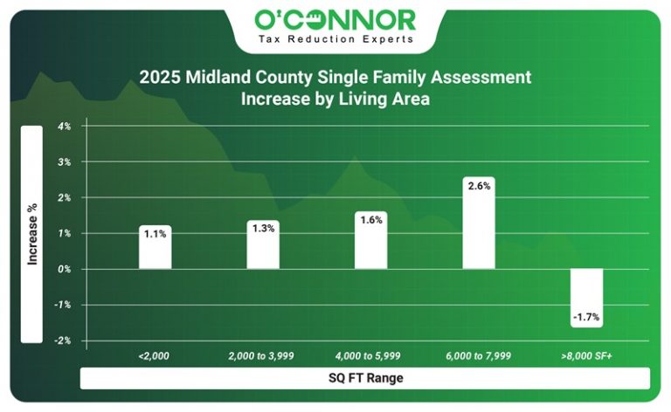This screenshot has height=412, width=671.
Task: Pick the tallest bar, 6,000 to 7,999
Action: pos(479,229)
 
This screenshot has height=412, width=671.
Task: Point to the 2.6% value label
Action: pos(479,186)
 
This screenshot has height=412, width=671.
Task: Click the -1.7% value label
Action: pos(586,317)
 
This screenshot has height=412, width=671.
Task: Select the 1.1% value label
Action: pos(156,233)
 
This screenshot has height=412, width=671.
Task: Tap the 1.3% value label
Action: pos(263,228)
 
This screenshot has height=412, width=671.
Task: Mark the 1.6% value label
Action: pos(370,219)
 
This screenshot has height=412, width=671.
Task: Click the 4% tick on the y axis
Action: pos(65,126)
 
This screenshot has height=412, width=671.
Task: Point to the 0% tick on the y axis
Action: pos(65,269)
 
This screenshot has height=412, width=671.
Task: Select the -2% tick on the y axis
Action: pos(64,340)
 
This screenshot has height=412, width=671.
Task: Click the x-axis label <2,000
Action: pos(154,356)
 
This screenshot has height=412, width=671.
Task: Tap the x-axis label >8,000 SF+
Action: pos(587,356)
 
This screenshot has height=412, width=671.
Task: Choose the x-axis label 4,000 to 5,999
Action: pos(370,356)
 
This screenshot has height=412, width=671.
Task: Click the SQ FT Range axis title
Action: pos(365,378)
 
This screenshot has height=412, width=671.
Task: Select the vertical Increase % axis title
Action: pos(32,234)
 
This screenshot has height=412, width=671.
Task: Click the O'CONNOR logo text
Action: pos(335,20)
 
